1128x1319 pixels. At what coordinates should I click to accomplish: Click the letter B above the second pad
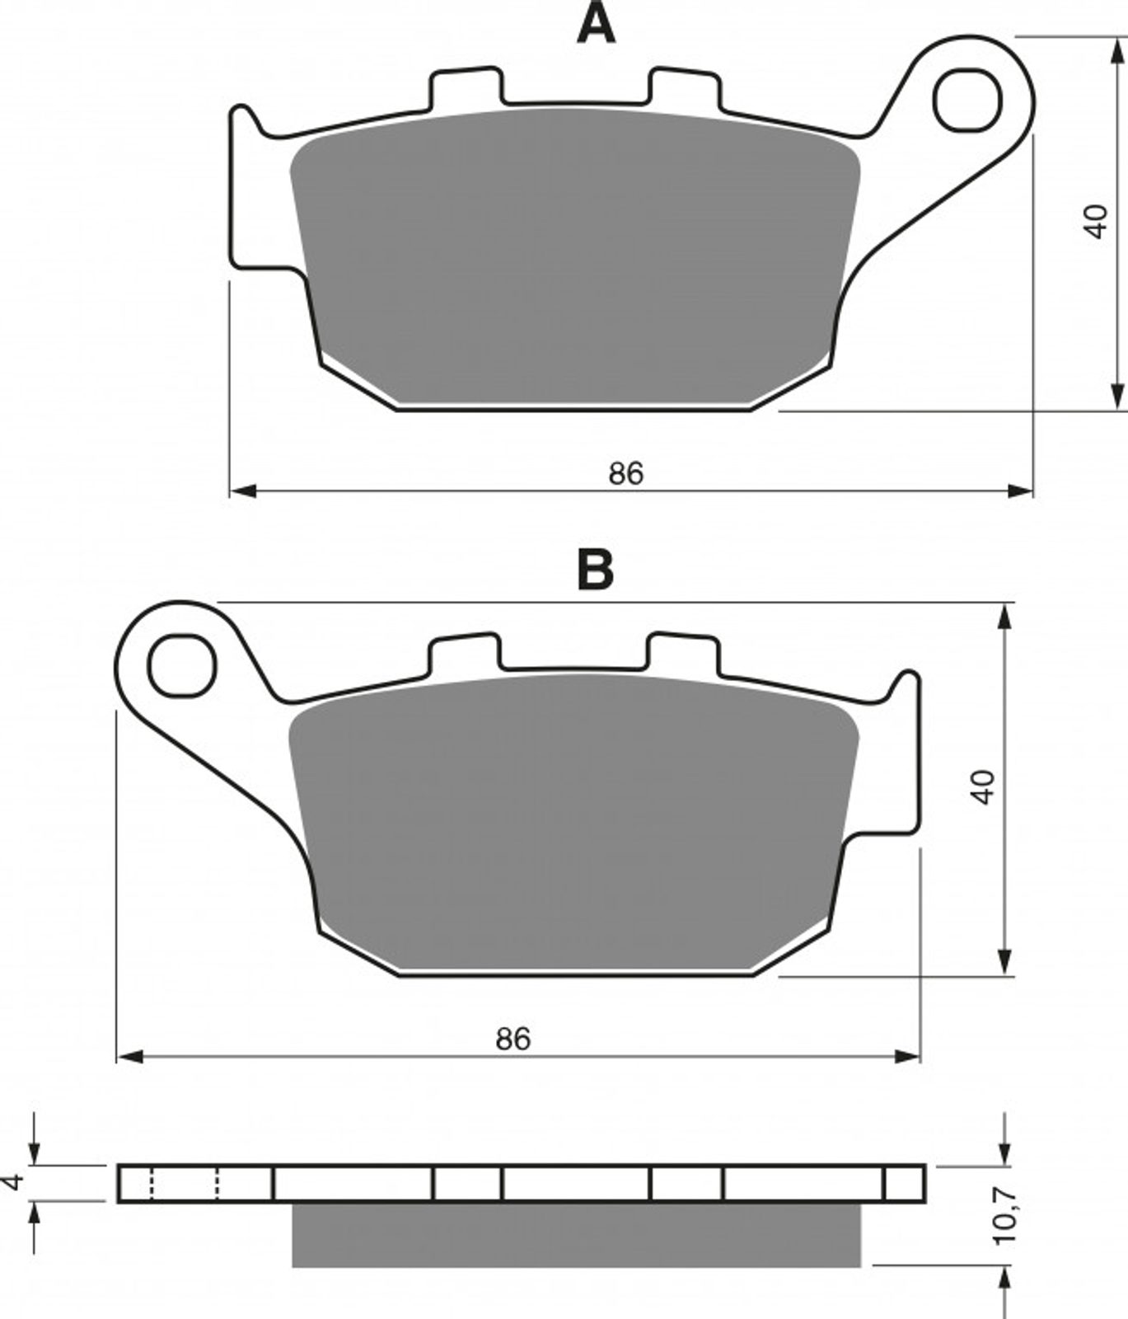(596, 569)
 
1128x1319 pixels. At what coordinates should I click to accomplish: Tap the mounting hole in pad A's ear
(967, 101)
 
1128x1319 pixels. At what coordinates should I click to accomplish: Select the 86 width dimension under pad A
(626, 473)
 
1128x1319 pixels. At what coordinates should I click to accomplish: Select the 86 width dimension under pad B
(513, 1039)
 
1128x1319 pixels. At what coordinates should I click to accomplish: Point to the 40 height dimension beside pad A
(1096, 222)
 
